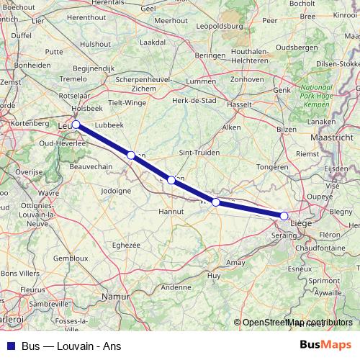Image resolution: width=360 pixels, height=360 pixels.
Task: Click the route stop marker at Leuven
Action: pos(76,125)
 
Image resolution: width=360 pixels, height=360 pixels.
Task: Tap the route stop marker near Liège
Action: pos(284,216)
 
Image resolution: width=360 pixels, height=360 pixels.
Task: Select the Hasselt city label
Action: pos(239,104)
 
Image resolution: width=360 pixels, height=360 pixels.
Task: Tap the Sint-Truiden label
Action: pos(195,153)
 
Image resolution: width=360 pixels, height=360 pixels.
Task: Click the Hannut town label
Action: pos(171,212)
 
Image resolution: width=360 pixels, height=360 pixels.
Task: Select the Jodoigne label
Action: pos(116,191)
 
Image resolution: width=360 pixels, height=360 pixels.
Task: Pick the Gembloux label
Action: pos(71,257)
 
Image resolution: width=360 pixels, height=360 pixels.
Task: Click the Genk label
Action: pos(282,90)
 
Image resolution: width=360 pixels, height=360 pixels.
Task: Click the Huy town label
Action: pos(214,276)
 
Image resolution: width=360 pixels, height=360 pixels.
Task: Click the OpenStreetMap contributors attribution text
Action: pos(297,323)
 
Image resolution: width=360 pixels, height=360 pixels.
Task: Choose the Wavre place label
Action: pos(49,194)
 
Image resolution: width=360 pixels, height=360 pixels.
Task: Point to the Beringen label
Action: pos(210,55)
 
